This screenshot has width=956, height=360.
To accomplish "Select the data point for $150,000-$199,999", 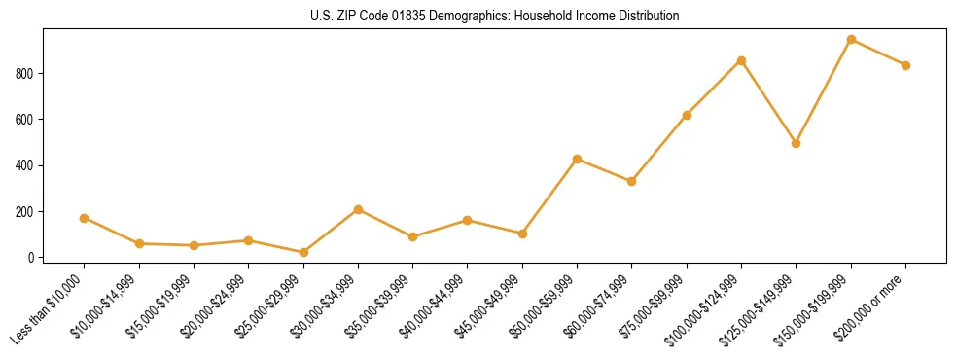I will tap(851, 40).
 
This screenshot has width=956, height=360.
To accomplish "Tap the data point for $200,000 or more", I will tap(905, 65).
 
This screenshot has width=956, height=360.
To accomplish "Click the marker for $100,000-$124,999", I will tap(741, 60).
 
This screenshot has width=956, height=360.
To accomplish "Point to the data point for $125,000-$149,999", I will tap(797, 143).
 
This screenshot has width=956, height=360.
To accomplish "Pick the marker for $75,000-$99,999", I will tap(687, 115).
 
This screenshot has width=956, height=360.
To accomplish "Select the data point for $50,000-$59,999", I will tap(578, 159).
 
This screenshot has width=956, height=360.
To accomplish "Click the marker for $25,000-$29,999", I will tap(303, 252).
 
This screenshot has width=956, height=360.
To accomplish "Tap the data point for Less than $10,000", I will tap(85, 218).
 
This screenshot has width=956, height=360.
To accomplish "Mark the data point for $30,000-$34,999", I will tap(358, 209).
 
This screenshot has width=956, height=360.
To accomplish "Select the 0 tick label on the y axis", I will tap(32, 258).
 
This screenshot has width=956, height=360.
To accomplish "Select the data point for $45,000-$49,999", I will tap(522, 234).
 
